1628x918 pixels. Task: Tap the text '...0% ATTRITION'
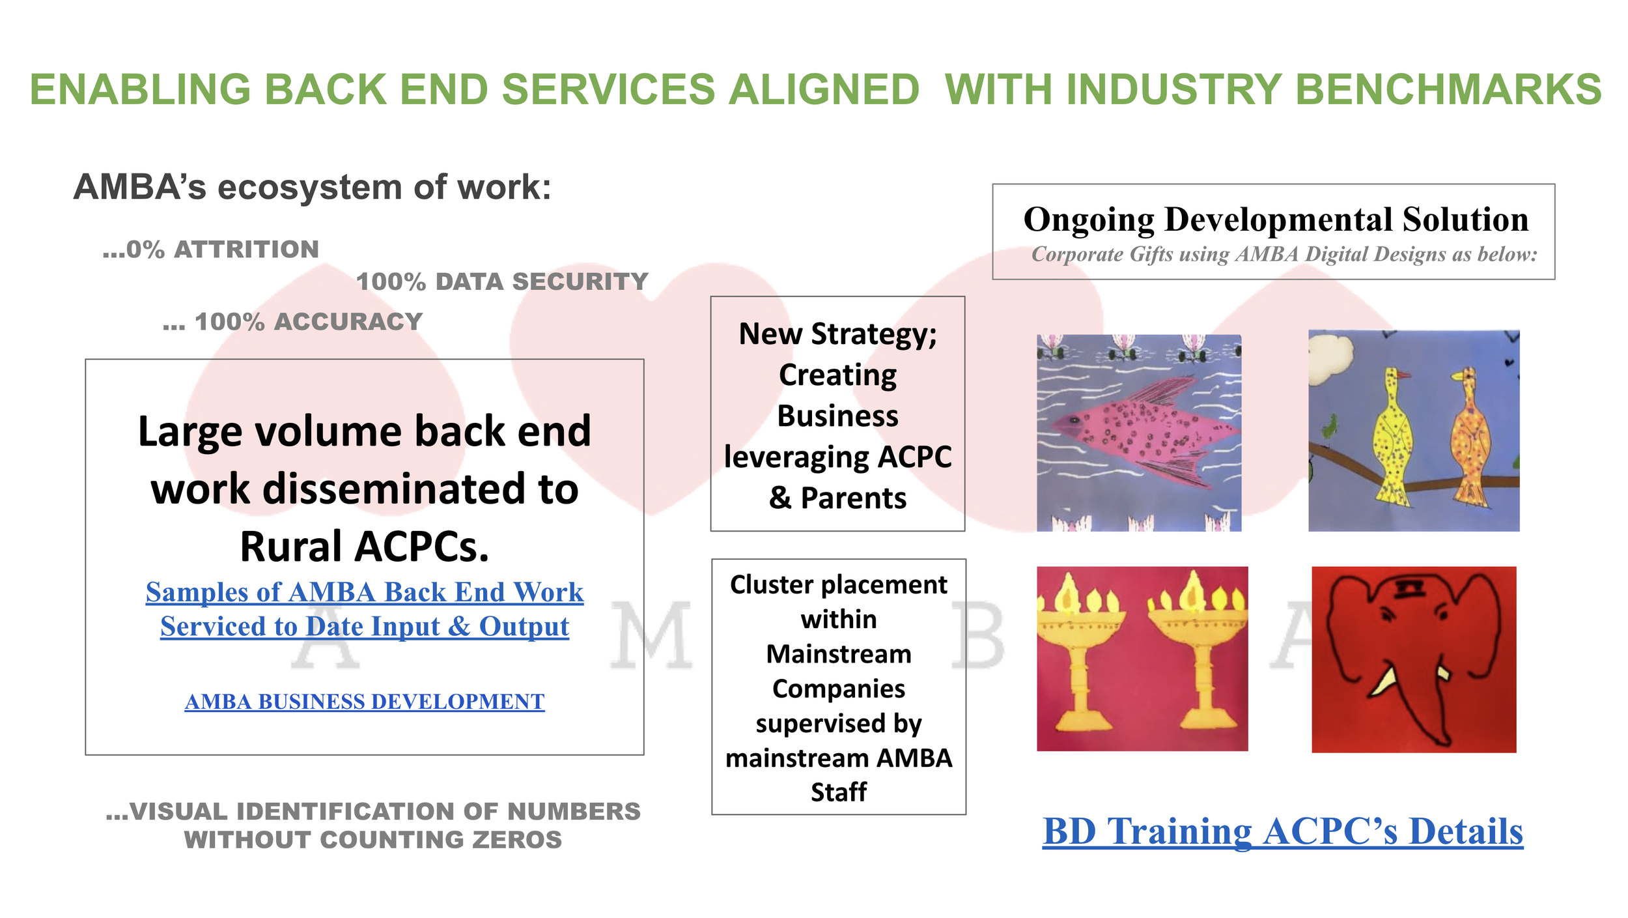tap(211, 250)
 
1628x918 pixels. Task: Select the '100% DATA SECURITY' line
tap(502, 281)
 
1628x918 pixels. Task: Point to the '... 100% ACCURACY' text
tap(293, 322)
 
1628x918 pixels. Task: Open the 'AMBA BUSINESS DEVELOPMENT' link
tap(365, 702)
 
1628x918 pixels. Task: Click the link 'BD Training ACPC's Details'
tap(1283, 831)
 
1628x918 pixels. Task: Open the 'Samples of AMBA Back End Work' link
tap(365, 592)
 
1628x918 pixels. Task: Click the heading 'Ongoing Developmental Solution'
tap(1276, 220)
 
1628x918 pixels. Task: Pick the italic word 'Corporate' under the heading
tap(1078, 254)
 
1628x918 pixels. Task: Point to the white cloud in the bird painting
tap(1328, 352)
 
